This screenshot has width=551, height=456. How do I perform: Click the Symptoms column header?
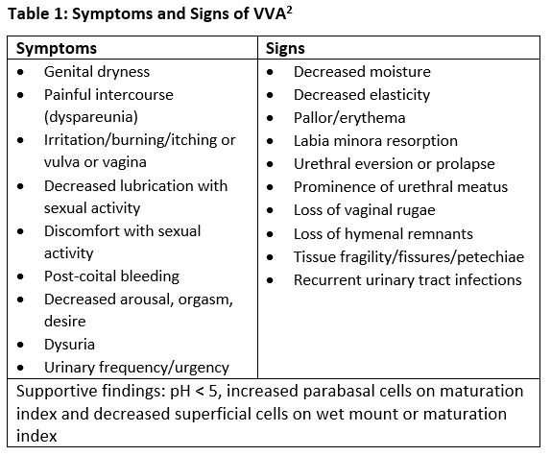point(57,49)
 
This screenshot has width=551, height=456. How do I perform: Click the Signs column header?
point(285,48)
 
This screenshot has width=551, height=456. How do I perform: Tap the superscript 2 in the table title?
point(289,11)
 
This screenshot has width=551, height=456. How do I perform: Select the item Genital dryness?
point(97,72)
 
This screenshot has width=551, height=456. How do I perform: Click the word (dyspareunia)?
point(91,117)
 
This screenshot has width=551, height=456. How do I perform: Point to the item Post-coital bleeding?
point(111,276)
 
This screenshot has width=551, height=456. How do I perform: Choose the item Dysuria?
point(69,345)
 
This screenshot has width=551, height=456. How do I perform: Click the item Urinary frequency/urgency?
point(136,368)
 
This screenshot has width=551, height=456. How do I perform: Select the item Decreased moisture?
point(362,72)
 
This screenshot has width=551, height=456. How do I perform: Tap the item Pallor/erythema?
point(349,118)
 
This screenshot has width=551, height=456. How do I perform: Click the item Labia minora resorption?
point(375,141)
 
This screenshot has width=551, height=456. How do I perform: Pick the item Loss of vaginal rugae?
point(365,210)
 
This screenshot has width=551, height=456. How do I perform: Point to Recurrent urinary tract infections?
point(408,280)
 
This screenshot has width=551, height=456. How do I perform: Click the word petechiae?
point(491,257)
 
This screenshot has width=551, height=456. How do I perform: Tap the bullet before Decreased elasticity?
point(270,95)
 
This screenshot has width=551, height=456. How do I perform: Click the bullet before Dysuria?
point(20,345)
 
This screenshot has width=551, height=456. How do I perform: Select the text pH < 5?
point(194,391)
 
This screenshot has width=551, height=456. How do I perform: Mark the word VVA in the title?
point(269,14)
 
